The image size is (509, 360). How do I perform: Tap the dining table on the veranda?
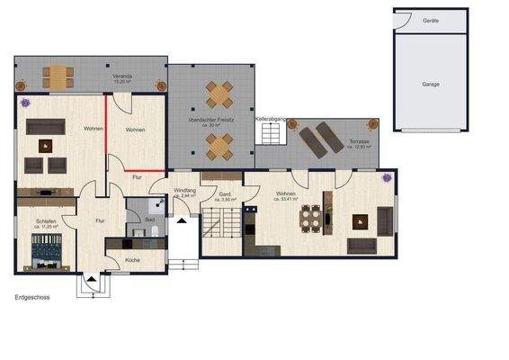pos(58,75)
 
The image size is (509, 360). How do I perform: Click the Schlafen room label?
pos(48,221)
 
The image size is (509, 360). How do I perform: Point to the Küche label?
pos(132,260)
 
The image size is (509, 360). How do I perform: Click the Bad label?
pos(150,219)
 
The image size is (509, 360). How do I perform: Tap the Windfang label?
pos(185,192)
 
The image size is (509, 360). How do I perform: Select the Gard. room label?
pos(227,195)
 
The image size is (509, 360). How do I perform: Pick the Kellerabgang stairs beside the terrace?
pos(272,133)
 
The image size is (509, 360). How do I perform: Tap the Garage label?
pos(432,82)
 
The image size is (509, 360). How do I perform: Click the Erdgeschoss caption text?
pos(33,295)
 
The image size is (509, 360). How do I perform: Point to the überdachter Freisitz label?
pos(211,120)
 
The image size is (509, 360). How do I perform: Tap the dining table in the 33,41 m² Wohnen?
pos(311,218)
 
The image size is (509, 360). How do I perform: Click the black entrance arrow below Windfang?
pos(183,217)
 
